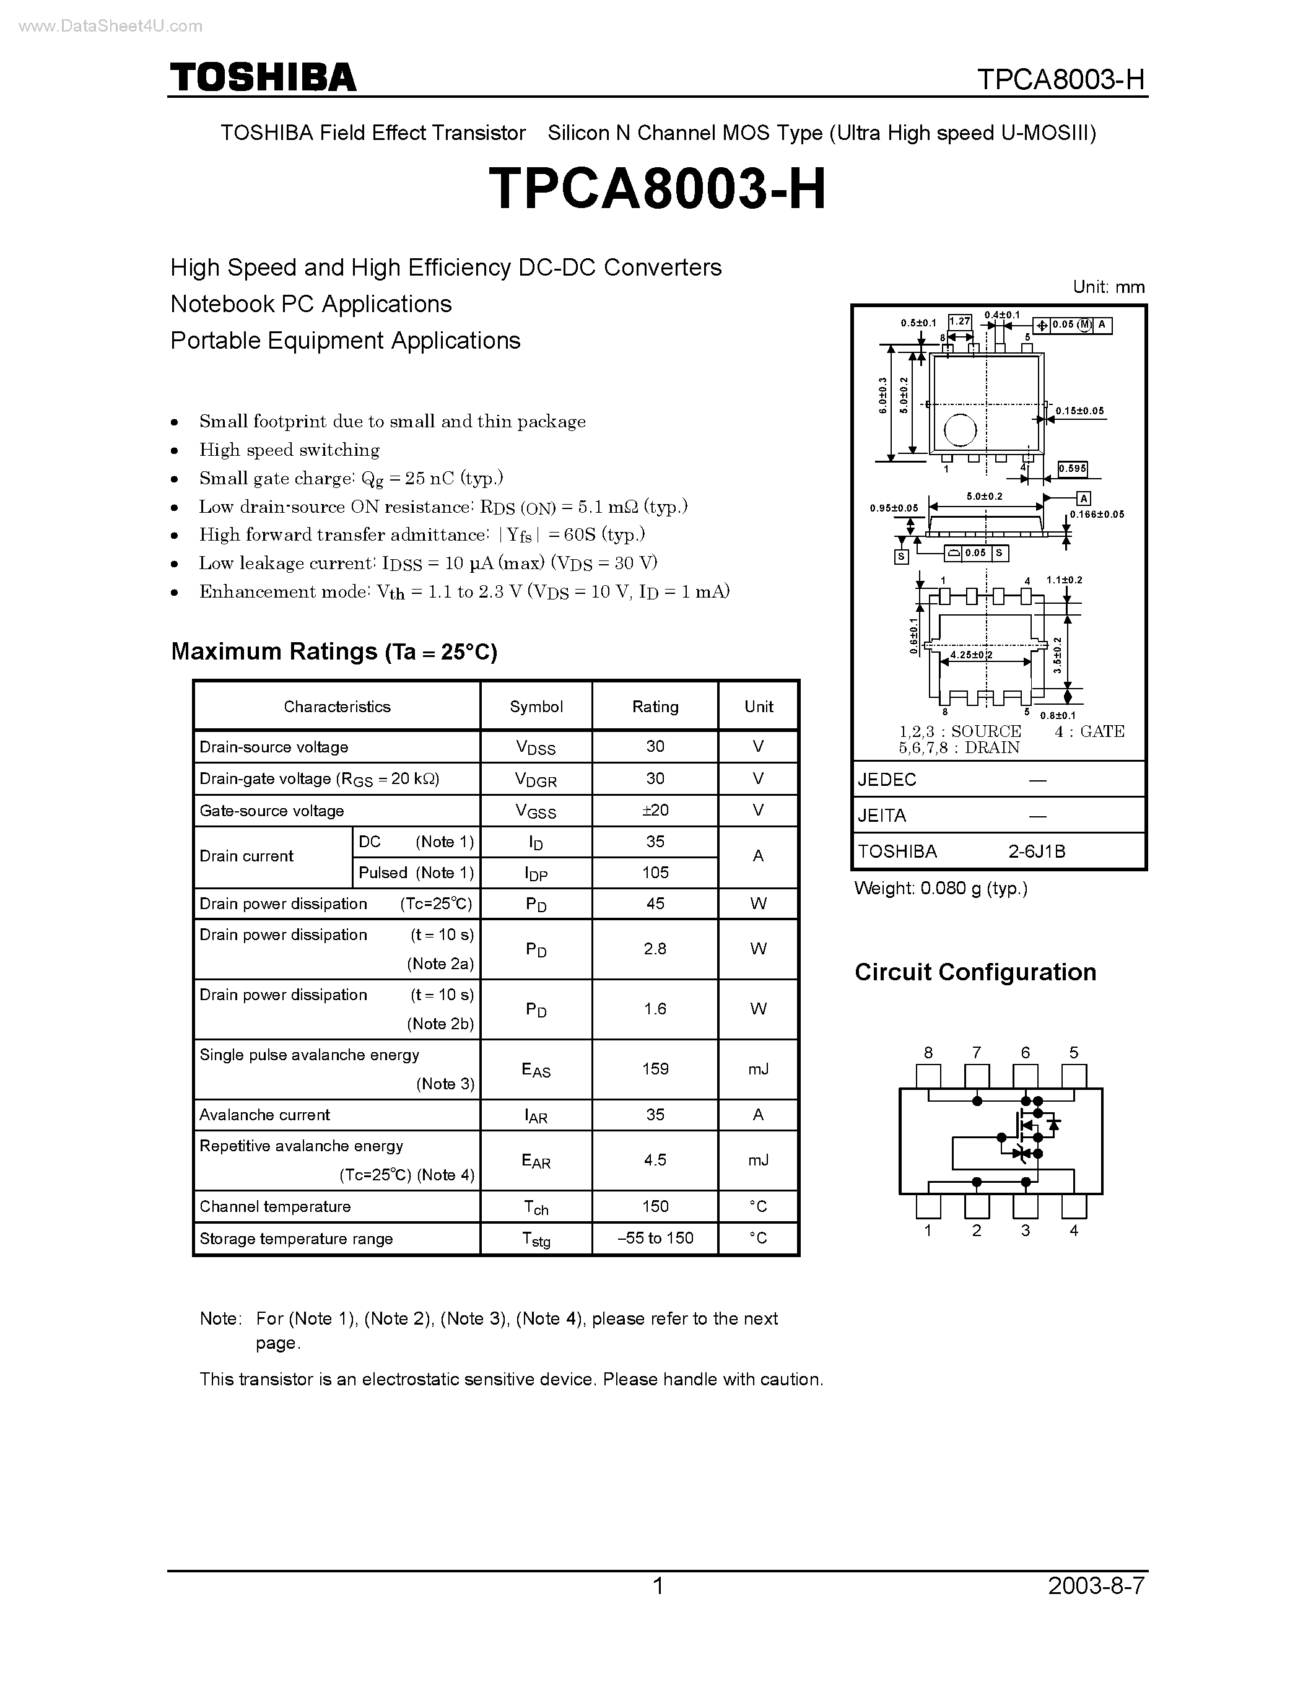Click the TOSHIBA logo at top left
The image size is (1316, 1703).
click(263, 78)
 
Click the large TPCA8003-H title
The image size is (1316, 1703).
click(657, 189)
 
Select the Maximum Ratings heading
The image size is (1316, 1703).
click(334, 651)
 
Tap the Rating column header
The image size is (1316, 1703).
click(655, 707)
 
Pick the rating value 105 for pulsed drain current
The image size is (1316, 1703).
click(655, 873)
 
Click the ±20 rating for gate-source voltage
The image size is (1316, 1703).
click(655, 810)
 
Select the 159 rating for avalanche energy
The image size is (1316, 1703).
click(655, 1068)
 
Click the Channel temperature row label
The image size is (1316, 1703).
click(275, 1206)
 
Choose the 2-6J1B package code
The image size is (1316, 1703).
click(1036, 851)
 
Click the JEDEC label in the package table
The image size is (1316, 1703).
click(887, 779)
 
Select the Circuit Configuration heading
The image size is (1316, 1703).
click(975, 972)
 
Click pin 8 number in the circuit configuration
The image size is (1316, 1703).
click(928, 1053)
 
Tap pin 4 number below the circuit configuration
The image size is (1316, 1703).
click(1073, 1230)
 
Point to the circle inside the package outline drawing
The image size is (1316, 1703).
click(960, 430)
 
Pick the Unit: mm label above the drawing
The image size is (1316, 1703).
click(1108, 287)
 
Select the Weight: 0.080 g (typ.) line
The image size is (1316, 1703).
click(941, 888)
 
